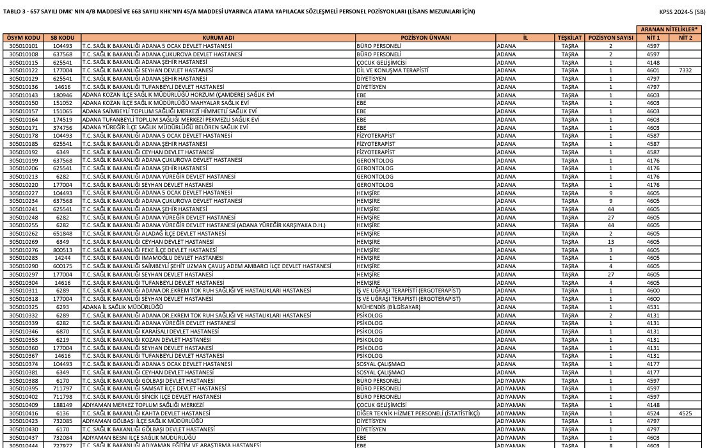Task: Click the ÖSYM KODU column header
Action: (24, 38)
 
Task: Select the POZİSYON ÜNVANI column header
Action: (425, 38)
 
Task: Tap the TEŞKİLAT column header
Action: (569, 38)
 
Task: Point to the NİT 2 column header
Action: (685, 38)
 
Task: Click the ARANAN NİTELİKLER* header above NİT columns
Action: (669, 29)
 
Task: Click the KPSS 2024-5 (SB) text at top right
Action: (682, 12)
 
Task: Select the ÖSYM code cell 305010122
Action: (24, 70)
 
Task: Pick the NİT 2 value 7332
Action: (685, 70)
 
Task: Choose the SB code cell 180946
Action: (63, 95)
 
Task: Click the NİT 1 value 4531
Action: (653, 307)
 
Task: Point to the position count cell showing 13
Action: (610, 242)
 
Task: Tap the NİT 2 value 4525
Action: (685, 413)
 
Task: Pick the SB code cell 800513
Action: (63, 250)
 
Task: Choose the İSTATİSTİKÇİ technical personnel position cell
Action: (418, 413)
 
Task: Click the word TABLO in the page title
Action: (13, 12)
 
